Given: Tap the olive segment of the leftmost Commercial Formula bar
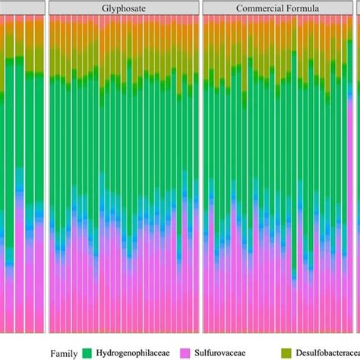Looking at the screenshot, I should [207, 46].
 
